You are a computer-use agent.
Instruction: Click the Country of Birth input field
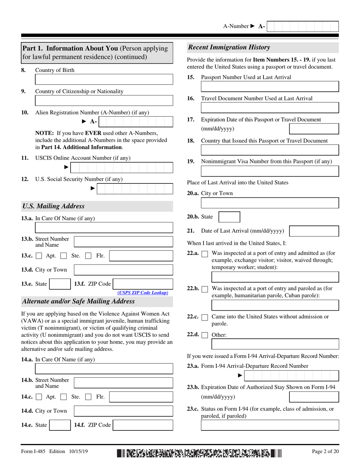click(104, 79)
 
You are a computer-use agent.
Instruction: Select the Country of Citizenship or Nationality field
click(104, 100)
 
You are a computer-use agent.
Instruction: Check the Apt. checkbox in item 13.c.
click(39, 256)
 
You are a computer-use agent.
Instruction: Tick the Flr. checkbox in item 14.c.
click(88, 397)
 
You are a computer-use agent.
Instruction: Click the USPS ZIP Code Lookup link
click(143, 293)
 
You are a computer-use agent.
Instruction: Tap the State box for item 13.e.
click(60, 284)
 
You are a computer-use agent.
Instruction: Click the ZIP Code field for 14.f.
click(143, 425)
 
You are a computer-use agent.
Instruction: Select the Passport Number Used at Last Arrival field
click(269, 86)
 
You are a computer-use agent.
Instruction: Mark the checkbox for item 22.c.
click(205, 317)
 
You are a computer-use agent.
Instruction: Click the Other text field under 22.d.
click(275, 344)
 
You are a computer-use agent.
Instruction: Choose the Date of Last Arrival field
click(314, 231)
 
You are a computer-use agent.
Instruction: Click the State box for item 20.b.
click(229, 217)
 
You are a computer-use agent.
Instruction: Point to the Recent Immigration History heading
click(229, 47)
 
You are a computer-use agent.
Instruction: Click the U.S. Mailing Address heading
click(53, 206)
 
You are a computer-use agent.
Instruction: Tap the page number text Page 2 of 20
click(325, 451)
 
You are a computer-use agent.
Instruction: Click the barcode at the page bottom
click(199, 452)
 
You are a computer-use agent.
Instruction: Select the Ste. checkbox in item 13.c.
click(64, 256)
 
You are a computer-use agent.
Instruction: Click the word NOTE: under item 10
click(44, 133)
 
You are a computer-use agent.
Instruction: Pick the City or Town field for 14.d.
click(123, 411)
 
